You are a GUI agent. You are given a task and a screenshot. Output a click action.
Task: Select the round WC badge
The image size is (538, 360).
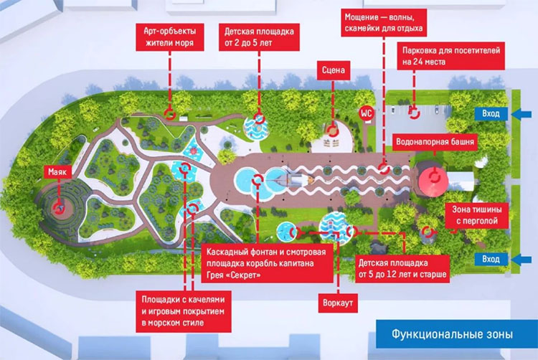coord(366,113)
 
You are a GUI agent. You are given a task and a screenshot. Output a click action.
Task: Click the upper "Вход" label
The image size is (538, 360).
coord(492,113)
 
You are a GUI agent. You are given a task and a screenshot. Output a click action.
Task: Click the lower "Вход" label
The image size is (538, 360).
coord(492,258)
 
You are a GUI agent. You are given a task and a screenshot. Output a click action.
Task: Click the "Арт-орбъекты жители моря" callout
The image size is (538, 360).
coord(169,35)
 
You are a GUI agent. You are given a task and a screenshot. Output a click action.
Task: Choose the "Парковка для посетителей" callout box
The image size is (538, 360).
coord(449,56)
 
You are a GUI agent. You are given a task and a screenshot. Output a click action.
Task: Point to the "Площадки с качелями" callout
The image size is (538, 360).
coord(184,311)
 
